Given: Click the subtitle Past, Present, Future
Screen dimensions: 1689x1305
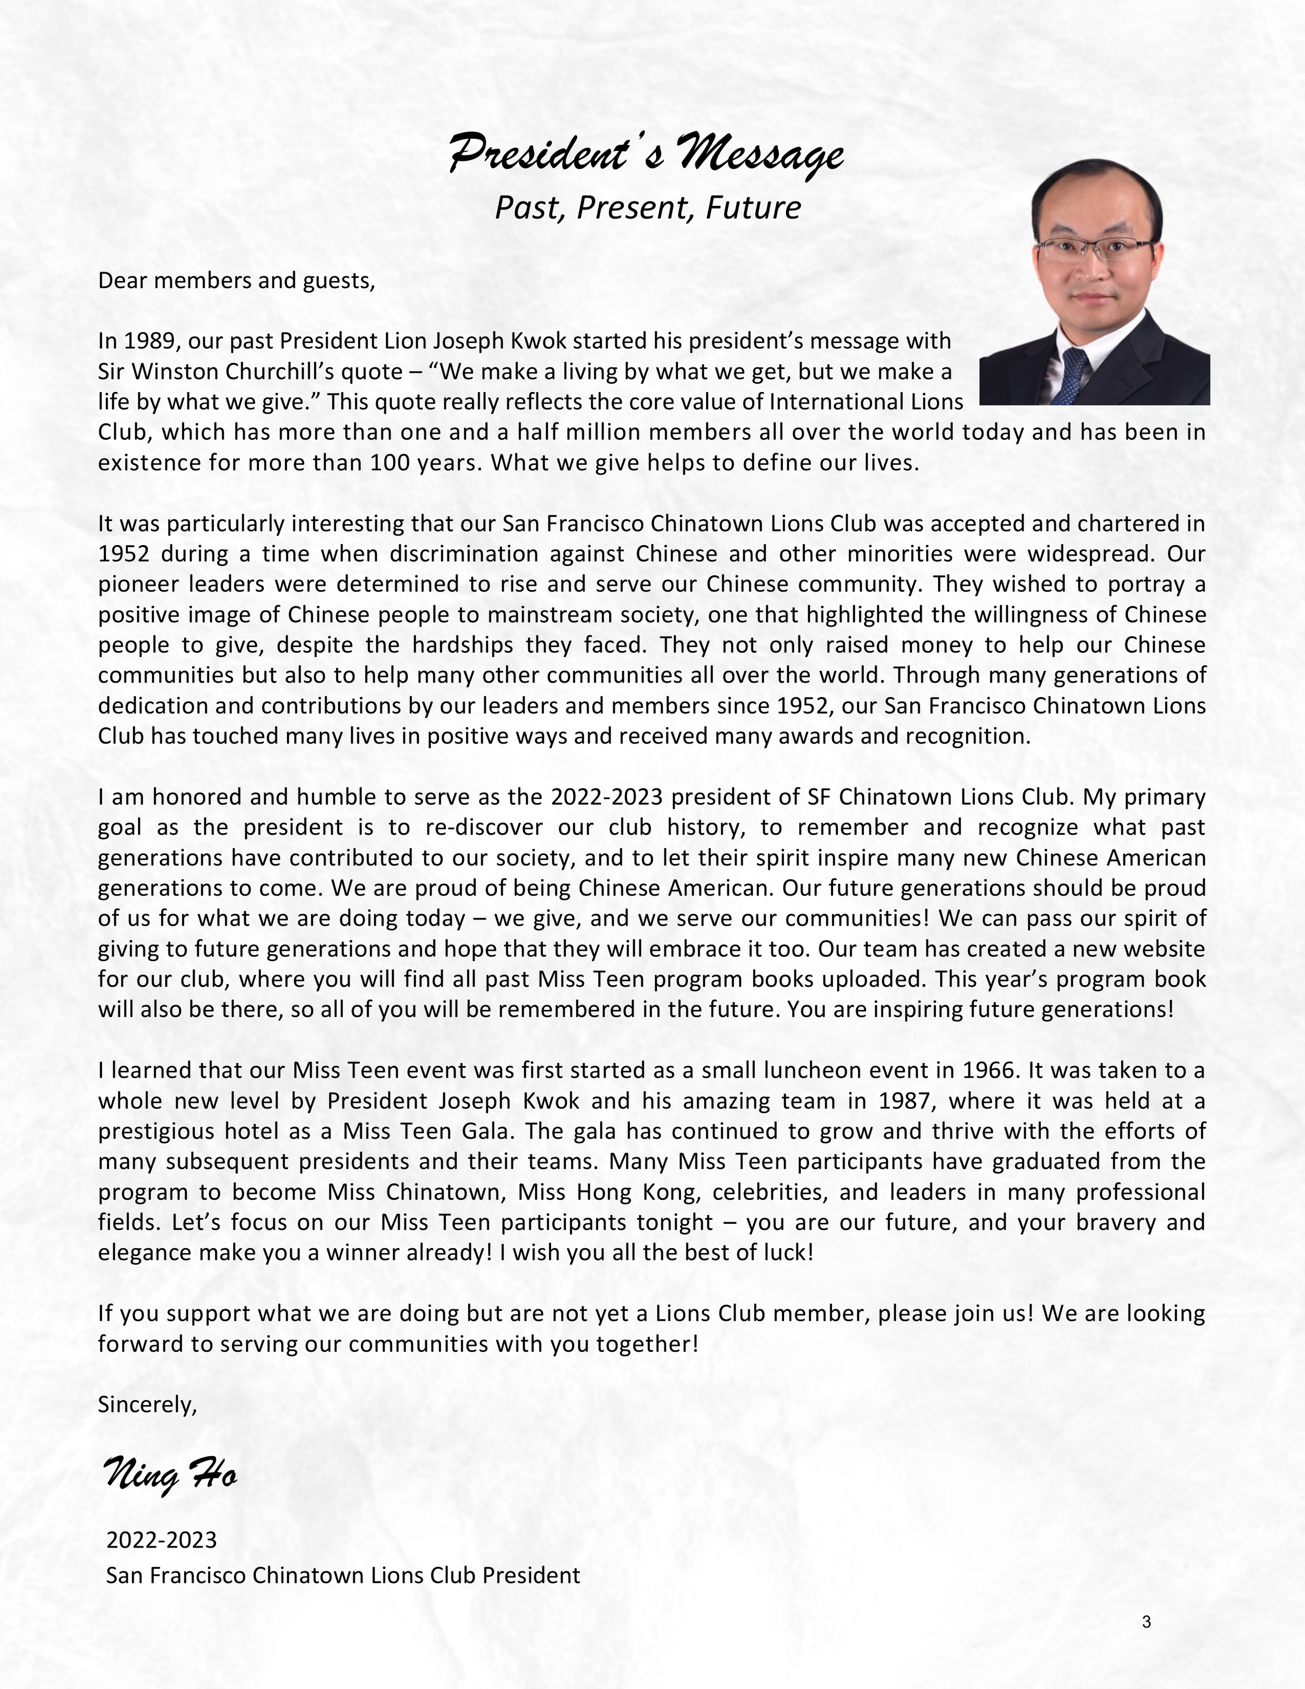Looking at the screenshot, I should [647, 208].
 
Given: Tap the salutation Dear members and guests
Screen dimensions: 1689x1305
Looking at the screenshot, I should [236, 280].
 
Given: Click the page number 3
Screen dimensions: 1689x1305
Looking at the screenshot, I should [1146, 1622].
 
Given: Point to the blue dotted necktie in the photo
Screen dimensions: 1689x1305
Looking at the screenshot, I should [1075, 374].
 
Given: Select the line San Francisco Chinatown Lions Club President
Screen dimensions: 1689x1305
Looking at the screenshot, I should [342, 1575].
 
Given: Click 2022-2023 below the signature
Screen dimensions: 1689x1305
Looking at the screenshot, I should [162, 1540].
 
